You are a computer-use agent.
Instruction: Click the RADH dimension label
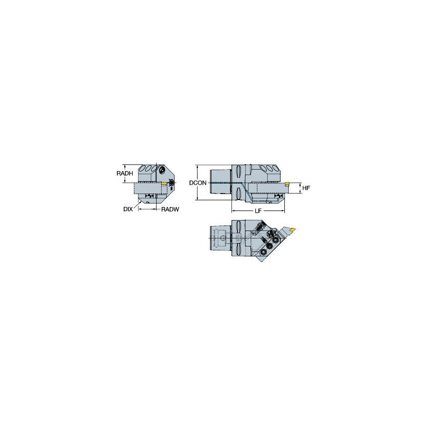(125, 173)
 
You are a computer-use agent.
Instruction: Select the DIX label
(128, 210)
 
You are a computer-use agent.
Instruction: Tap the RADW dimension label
(169, 210)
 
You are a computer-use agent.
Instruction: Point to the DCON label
(198, 183)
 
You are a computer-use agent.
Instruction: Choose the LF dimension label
(258, 212)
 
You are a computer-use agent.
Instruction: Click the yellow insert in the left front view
(163, 184)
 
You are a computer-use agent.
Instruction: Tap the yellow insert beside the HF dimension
(287, 184)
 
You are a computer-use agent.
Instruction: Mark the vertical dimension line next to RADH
(135, 173)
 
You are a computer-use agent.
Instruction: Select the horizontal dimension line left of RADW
(148, 210)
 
